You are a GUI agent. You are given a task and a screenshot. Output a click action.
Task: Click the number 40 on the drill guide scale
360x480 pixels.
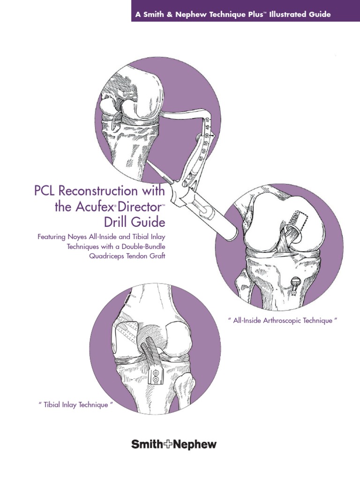point(207,122)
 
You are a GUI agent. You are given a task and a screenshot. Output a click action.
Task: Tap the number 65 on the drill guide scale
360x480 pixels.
point(201,159)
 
